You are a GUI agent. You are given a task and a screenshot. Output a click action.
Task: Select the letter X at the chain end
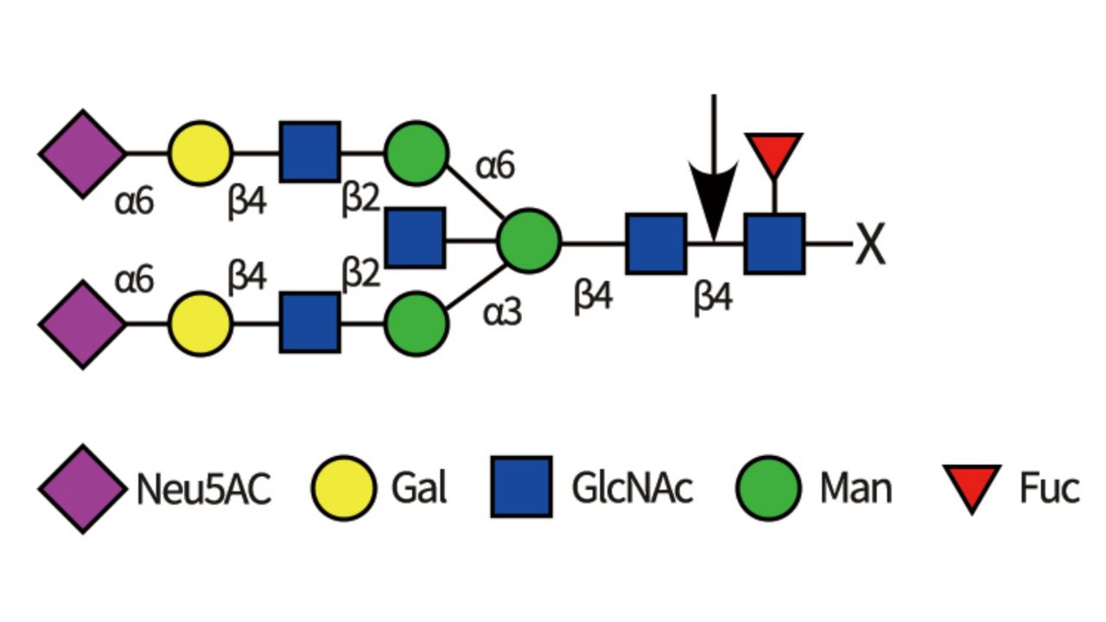point(871,244)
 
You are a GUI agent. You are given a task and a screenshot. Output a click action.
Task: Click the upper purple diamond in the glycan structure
point(82,154)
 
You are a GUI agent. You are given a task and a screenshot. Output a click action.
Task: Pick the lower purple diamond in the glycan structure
point(82,324)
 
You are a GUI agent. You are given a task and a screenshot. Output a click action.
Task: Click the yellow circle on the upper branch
point(200,153)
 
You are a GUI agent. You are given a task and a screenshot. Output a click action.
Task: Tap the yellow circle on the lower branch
point(200,324)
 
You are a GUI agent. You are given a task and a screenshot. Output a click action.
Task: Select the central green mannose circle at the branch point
point(529,241)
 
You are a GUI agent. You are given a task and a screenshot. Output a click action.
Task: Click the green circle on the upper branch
point(416,153)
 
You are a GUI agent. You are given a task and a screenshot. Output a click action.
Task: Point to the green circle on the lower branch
point(416,324)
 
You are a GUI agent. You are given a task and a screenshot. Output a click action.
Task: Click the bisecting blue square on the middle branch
point(416,237)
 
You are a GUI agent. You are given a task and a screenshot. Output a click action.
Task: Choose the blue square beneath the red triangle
point(775,244)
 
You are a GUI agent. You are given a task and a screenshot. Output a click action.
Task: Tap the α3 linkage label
point(502,313)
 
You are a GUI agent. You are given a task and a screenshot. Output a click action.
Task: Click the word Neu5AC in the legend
point(204,489)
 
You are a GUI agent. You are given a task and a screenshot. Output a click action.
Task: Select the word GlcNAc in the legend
point(632,488)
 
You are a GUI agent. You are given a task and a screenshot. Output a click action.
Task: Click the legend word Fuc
point(1049,488)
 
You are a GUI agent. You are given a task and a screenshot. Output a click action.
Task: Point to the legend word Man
point(855,488)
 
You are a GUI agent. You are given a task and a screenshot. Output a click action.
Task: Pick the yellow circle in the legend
point(344,488)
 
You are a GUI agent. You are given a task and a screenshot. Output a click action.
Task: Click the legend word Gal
point(419,488)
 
